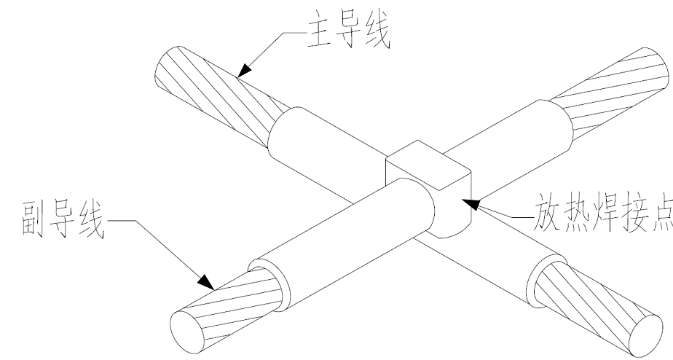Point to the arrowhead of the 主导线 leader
[246, 70]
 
